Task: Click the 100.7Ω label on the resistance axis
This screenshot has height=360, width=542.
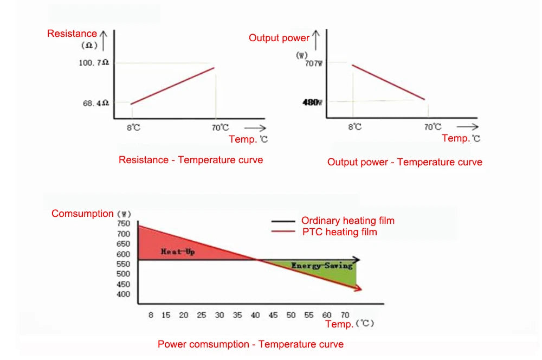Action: [x=94, y=63]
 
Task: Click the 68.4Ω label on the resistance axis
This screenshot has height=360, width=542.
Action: [x=95, y=102]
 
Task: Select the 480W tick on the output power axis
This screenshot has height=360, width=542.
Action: [x=312, y=102]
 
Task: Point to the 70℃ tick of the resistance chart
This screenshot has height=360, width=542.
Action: [x=220, y=128]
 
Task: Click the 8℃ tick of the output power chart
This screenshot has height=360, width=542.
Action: [x=354, y=127]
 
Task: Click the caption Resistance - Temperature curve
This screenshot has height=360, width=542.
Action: [x=191, y=160]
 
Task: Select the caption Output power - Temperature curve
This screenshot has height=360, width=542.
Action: [x=404, y=162]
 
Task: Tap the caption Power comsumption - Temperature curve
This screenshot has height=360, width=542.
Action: [x=250, y=344]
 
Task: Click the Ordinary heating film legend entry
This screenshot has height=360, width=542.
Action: [x=347, y=221]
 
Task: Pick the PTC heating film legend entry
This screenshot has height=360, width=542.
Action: [x=339, y=232]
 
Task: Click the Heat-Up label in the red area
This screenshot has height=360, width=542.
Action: [x=178, y=252]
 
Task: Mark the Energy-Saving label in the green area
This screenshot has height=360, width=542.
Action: [x=322, y=266]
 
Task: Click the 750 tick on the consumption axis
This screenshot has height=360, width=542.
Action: [x=124, y=224]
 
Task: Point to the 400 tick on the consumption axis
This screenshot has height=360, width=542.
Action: [x=124, y=294]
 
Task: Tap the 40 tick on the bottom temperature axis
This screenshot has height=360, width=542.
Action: [x=255, y=315]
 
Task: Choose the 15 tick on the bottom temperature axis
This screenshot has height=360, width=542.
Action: [x=166, y=315]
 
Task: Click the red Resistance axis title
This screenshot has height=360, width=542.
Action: [x=72, y=34]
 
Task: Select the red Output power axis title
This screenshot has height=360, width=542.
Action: [x=279, y=38]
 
